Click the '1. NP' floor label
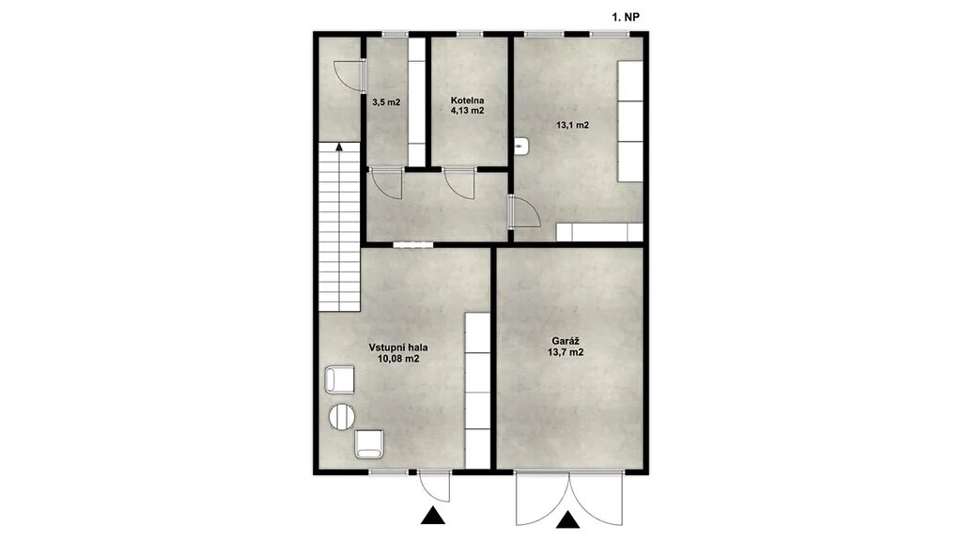[625, 18]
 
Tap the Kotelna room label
[468, 100]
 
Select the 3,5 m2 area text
[386, 102]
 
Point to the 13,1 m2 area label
[572, 125]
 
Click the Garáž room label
[566, 341]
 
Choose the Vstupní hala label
[398, 348]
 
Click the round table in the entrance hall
[342, 417]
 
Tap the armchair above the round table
[339, 379]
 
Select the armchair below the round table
[369, 444]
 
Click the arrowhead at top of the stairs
[339, 146]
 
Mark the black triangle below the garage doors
[568, 519]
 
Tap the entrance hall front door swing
[434, 487]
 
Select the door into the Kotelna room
[459, 183]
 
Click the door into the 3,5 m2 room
[386, 183]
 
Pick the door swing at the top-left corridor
[348, 75]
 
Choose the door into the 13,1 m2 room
[524, 212]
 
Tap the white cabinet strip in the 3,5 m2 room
[416, 101]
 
